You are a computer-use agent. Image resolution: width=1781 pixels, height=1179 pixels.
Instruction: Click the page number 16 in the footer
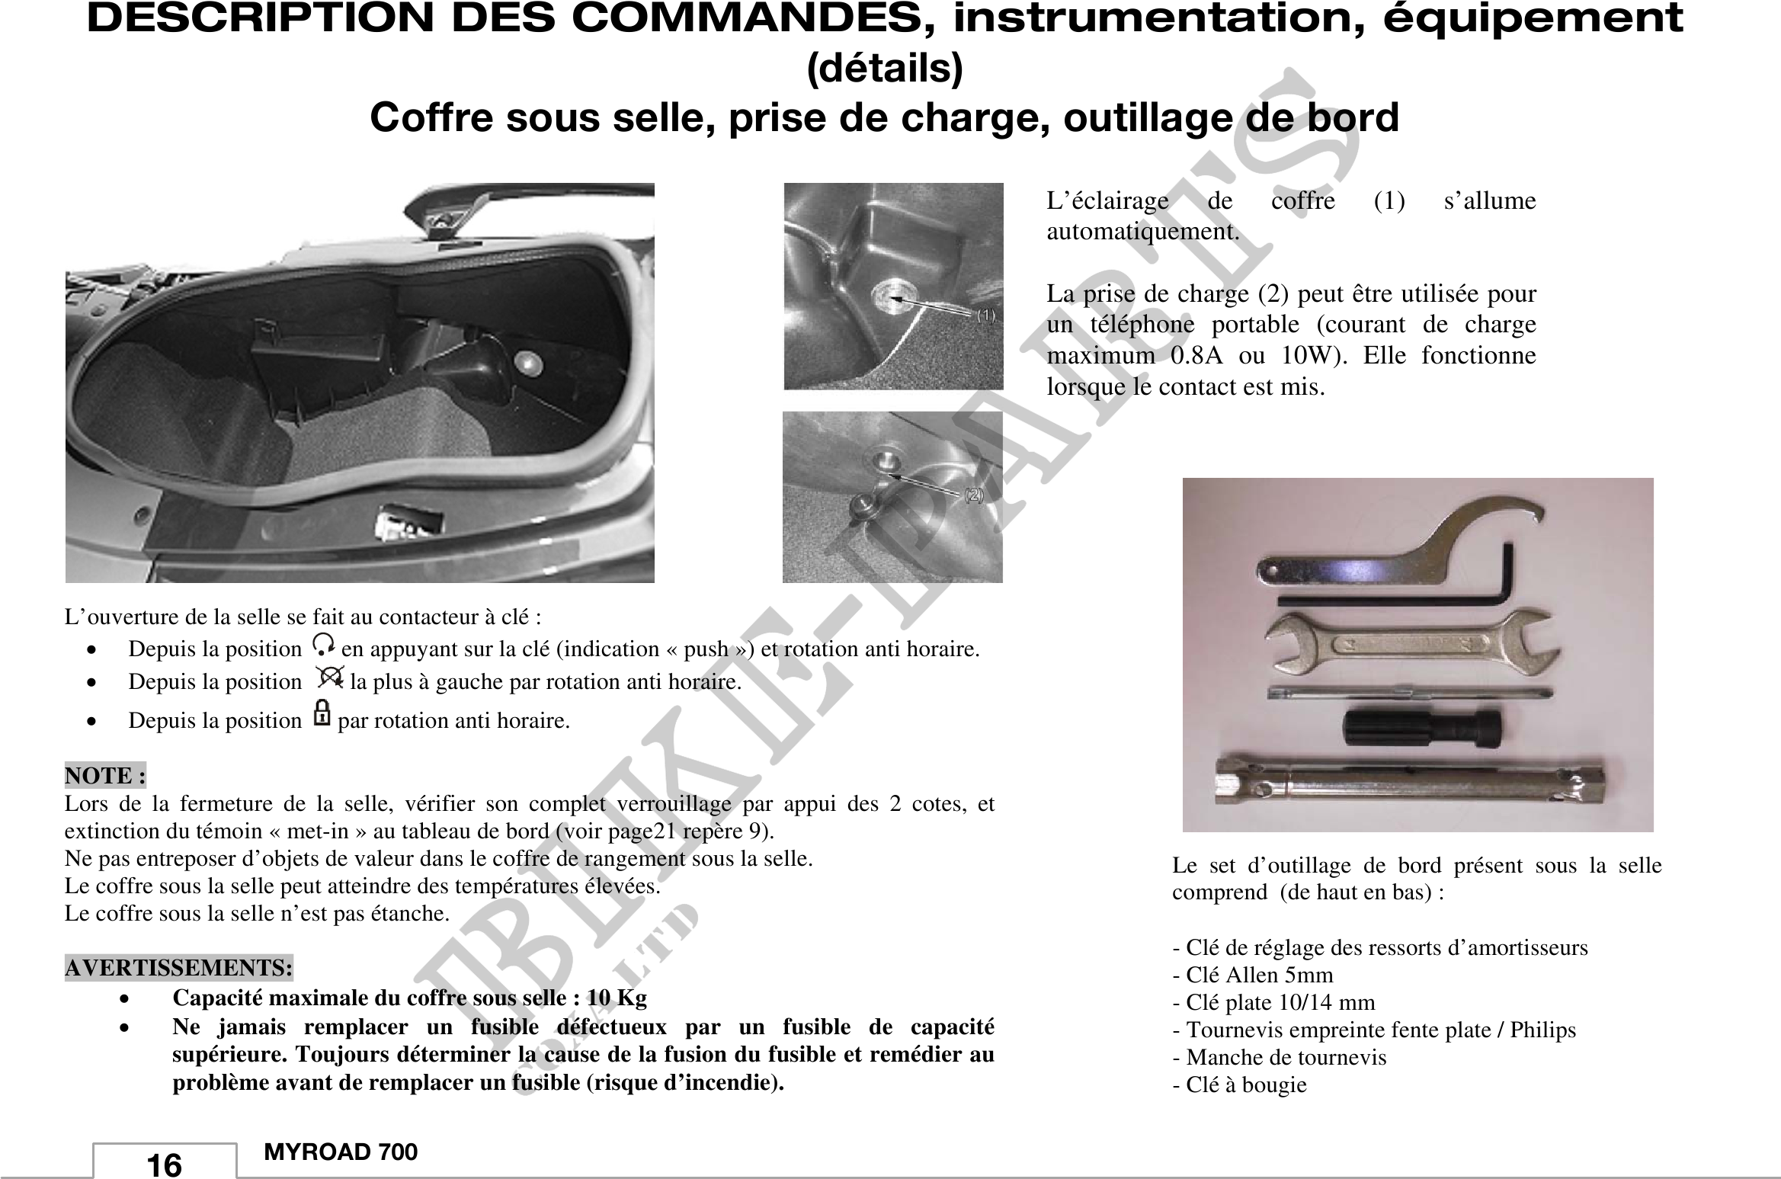coord(164,1165)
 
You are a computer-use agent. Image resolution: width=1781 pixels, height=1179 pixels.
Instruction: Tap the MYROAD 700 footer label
coord(341,1152)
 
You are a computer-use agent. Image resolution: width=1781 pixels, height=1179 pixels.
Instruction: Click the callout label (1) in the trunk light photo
coord(985,316)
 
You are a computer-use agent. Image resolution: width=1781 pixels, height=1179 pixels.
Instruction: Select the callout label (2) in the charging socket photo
coord(973,495)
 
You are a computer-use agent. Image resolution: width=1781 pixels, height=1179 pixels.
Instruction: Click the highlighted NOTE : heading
coord(105,776)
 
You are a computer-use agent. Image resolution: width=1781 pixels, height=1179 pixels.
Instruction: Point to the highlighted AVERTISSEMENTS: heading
coord(179,968)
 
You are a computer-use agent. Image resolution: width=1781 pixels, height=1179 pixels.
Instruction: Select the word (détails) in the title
coord(885,69)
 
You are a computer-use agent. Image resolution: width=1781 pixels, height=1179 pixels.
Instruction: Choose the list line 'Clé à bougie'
coord(1239,1084)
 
